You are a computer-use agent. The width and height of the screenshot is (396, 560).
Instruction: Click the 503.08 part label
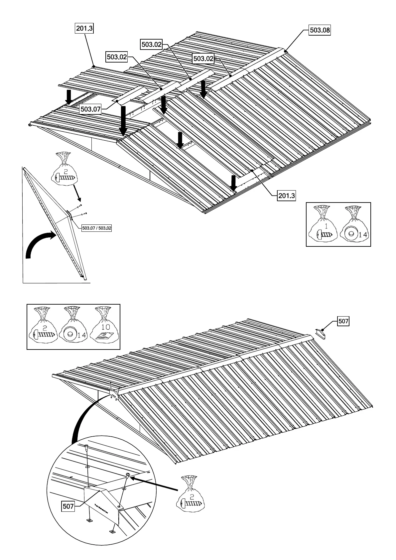coord(320,30)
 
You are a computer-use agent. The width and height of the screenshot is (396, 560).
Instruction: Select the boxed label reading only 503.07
coord(90,109)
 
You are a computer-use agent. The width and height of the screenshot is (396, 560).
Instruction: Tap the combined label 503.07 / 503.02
coord(96,228)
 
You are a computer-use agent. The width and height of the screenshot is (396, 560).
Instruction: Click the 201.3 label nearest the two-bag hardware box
coord(286,196)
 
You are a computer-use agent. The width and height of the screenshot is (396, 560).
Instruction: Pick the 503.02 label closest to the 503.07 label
coord(117,57)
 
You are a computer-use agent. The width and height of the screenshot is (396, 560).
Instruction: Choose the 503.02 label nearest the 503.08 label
coord(203,59)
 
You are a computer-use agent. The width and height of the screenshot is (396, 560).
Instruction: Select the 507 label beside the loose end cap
coord(343,321)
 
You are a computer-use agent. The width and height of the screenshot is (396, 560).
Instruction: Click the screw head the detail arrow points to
coord(128,475)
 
